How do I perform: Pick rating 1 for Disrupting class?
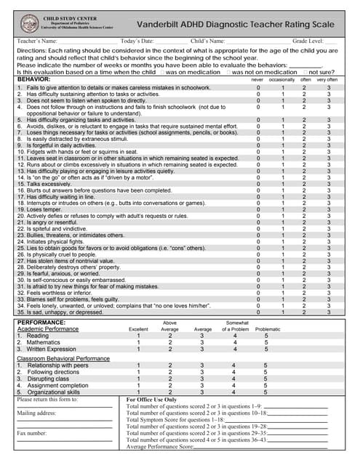coord(138,379)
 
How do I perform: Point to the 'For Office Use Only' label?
coord(151,400)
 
